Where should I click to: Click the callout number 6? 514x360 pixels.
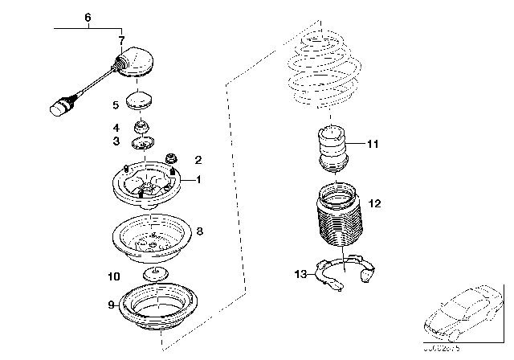pyautogui.click(x=88, y=17)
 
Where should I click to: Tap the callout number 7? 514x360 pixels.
pyautogui.click(x=121, y=40)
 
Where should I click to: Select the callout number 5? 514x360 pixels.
pyautogui.click(x=116, y=104)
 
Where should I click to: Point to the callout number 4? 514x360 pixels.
pyautogui.click(x=116, y=127)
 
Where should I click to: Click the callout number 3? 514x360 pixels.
pyautogui.click(x=116, y=141)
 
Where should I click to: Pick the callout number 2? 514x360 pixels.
pyautogui.click(x=198, y=160)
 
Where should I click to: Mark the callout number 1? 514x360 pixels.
pyautogui.click(x=199, y=180)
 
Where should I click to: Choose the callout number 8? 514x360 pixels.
pyautogui.click(x=199, y=231)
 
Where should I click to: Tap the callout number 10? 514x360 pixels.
pyautogui.click(x=114, y=276)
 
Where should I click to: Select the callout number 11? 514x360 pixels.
pyautogui.click(x=371, y=145)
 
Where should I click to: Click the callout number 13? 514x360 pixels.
pyautogui.click(x=300, y=275)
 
